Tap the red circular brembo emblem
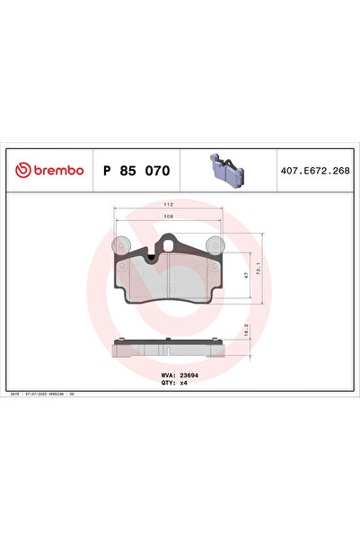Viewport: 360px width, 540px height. (x=21, y=170)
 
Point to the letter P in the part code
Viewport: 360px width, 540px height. (x=109, y=170)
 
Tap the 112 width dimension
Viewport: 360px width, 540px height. (x=167, y=205)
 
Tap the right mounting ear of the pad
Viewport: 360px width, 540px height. (x=213, y=243)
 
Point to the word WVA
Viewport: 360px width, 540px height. (x=167, y=376)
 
